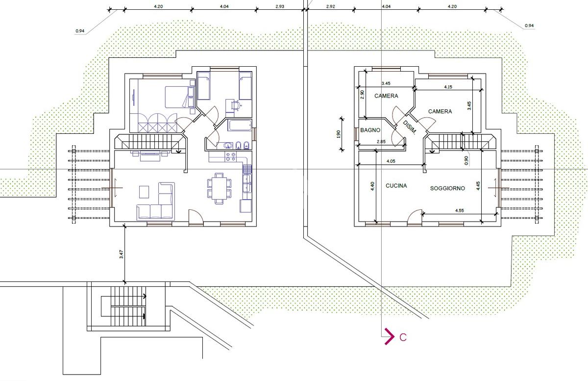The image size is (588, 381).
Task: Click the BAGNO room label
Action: (x=370, y=130)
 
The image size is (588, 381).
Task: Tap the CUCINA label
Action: (x=396, y=186)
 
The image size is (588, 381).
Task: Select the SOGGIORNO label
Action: (x=447, y=188)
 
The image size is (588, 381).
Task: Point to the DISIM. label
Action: (x=409, y=127)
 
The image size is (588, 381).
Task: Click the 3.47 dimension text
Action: (x=122, y=254)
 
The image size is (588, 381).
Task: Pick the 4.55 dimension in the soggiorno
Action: (x=460, y=210)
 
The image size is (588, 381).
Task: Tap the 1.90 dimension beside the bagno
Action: (x=338, y=134)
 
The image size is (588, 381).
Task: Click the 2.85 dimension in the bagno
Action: (x=381, y=142)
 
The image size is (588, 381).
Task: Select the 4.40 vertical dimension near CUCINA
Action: (x=372, y=186)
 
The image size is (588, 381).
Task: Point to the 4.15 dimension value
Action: (x=448, y=87)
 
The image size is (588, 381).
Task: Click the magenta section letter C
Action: (x=403, y=337)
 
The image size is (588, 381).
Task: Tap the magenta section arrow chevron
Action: (x=389, y=336)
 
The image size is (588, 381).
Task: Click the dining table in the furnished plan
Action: (x=220, y=188)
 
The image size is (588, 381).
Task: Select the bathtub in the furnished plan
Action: (x=240, y=126)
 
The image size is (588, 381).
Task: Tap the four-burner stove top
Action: (x=230, y=157)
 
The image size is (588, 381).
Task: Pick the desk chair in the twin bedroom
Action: (x=236, y=105)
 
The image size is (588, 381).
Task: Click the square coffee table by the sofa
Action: (x=144, y=192)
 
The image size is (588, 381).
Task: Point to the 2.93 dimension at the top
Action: (x=280, y=6)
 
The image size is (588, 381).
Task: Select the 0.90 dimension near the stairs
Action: (x=466, y=160)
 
